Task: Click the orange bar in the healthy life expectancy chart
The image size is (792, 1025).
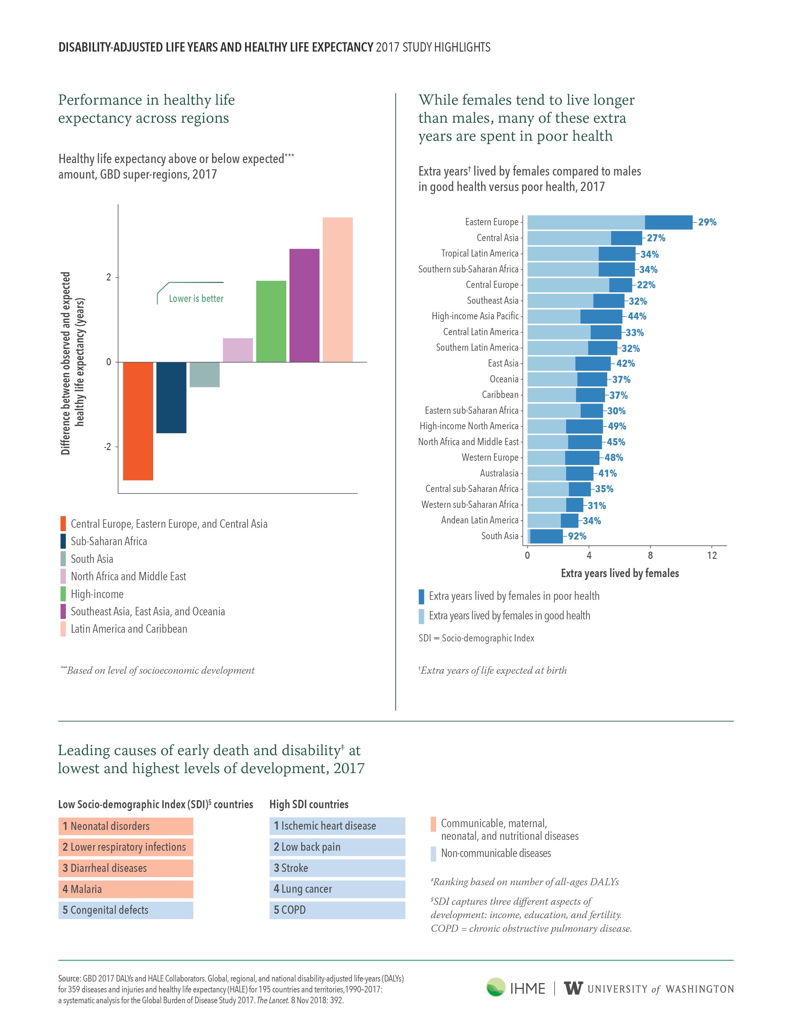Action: (x=138, y=421)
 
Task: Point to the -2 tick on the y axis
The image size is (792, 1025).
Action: (x=107, y=446)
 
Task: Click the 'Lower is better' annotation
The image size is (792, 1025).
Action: (x=196, y=298)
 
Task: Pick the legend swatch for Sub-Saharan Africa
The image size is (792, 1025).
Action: (x=63, y=541)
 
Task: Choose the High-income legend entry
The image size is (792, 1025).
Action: (x=92, y=594)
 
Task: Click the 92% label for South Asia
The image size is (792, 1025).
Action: (x=577, y=536)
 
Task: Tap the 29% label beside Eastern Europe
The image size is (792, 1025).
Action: (x=707, y=222)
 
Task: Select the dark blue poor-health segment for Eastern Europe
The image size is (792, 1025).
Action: (x=669, y=222)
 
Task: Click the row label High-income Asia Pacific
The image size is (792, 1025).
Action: (x=475, y=316)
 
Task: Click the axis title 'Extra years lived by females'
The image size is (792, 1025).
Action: (x=620, y=573)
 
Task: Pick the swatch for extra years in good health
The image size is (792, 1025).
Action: (x=421, y=616)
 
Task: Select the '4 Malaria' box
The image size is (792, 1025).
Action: (x=126, y=889)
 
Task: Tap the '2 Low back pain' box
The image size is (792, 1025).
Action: (x=337, y=847)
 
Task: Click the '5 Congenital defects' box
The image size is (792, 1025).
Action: (x=126, y=910)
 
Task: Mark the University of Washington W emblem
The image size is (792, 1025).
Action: (x=573, y=988)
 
